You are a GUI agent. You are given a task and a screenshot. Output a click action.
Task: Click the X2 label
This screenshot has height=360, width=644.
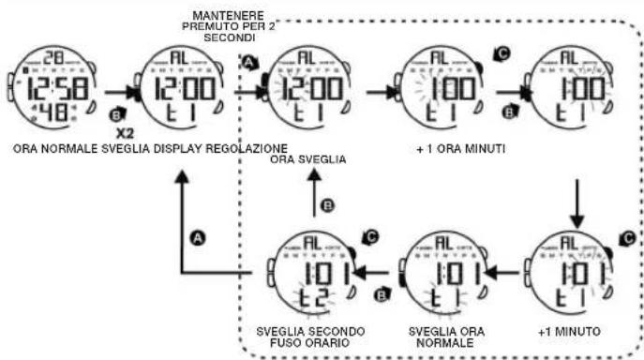[123, 134]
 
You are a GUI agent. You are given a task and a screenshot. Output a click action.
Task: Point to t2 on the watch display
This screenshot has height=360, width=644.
[306, 299]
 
